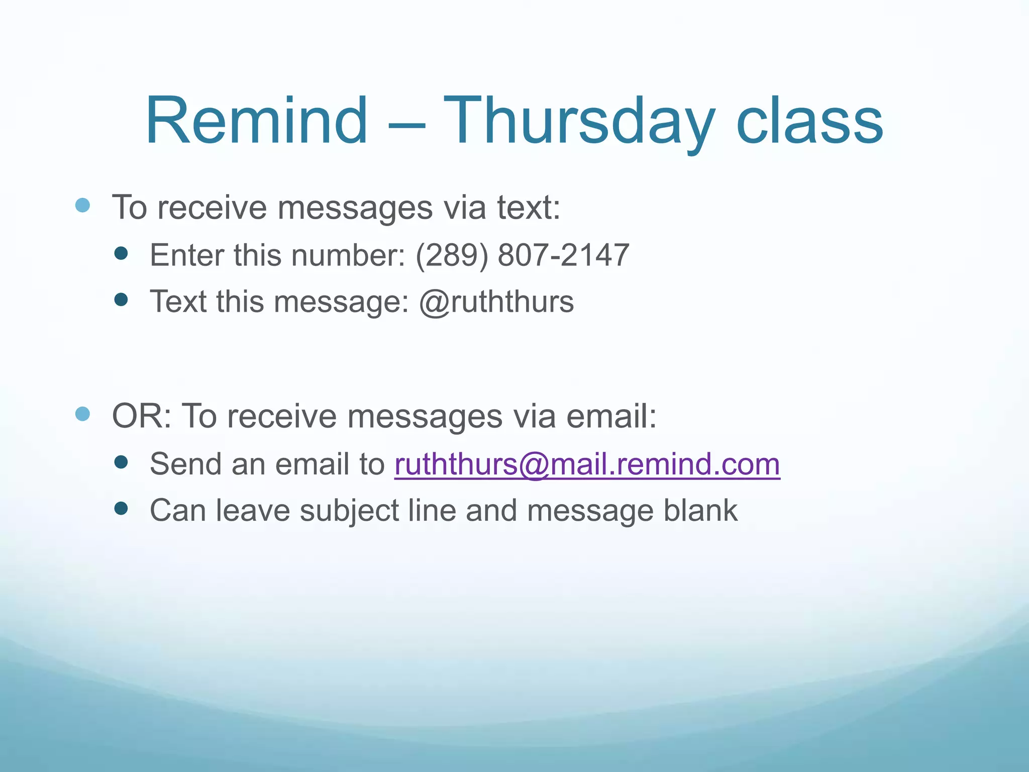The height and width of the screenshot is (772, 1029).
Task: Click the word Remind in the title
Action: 256,122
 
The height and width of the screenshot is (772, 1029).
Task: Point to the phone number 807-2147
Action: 563,255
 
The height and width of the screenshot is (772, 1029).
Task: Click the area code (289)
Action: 452,255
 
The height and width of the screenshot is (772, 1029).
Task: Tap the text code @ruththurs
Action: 496,302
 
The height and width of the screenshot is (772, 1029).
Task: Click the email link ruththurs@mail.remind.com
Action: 587,464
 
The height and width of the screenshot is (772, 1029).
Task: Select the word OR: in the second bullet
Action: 142,416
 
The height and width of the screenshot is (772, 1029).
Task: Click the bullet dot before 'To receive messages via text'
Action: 82,205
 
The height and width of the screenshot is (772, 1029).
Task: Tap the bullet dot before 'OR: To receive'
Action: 82,414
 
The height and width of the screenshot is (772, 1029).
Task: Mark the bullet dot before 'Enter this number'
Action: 121,253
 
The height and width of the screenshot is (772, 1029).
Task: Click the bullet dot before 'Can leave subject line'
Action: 121,509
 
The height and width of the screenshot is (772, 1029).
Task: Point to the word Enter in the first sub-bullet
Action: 186,255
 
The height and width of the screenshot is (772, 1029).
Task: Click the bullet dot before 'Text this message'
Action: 121,300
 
